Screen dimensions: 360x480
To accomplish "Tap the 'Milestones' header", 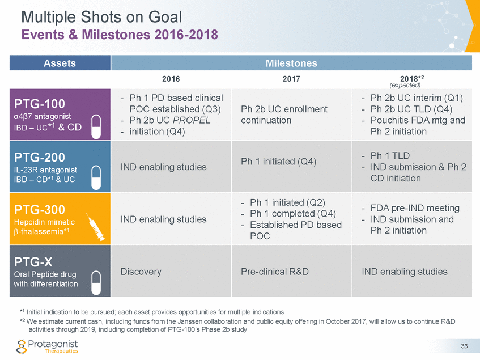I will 291,63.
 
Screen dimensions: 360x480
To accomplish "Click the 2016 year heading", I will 171,79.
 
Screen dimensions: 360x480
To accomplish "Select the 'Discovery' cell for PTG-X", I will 141,272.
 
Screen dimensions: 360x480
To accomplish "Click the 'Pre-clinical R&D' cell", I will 275,272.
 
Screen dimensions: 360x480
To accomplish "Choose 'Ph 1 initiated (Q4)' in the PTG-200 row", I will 278,162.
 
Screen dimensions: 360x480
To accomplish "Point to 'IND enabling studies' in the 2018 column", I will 404,272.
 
